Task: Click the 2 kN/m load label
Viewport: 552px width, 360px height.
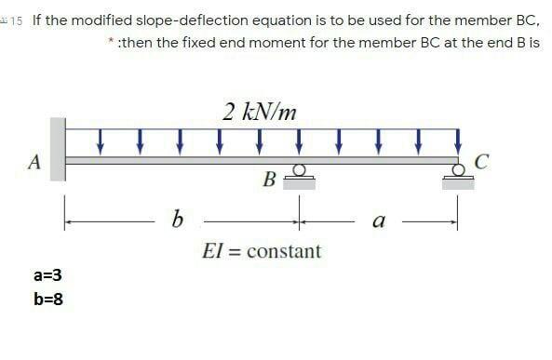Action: (x=261, y=113)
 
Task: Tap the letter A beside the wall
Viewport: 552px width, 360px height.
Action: (x=34, y=161)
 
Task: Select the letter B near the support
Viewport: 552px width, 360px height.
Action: (x=270, y=178)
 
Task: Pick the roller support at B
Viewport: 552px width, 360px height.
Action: (x=300, y=177)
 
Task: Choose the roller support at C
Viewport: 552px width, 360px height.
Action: (x=457, y=177)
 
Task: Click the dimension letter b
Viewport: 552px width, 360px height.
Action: (x=177, y=220)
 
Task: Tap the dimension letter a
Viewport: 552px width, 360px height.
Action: (x=376, y=221)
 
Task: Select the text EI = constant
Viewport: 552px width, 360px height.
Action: (x=262, y=251)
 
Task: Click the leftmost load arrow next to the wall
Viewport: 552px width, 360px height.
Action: (x=100, y=141)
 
